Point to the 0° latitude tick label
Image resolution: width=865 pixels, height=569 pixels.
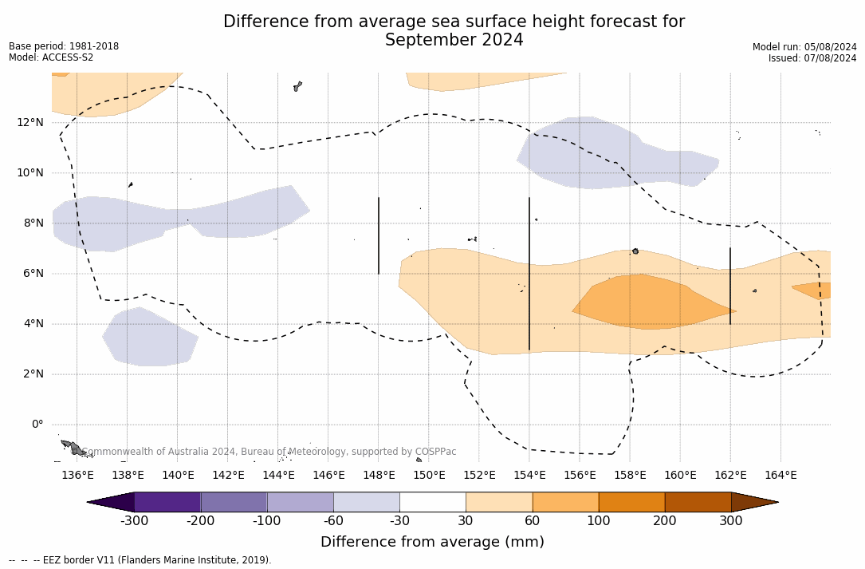click(37, 425)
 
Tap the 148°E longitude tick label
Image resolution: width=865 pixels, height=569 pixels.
click(379, 475)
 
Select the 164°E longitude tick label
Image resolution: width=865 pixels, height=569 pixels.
click(780, 475)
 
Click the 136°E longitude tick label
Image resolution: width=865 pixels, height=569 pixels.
click(77, 475)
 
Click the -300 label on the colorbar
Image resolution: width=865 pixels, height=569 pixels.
click(135, 521)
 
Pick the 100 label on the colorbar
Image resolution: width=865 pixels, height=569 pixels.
click(599, 521)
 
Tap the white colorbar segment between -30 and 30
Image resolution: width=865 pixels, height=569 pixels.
click(432, 502)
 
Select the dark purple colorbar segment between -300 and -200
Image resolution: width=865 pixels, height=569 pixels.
click(167, 502)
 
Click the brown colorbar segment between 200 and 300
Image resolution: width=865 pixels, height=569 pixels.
click(698, 502)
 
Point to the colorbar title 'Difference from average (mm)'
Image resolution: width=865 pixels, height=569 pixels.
click(432, 543)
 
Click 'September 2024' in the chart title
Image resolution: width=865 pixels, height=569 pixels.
click(454, 41)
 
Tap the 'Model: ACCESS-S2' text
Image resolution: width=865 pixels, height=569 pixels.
click(51, 57)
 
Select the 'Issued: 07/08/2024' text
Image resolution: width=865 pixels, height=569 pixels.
click(812, 58)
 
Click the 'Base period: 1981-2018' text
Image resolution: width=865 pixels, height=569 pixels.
click(64, 46)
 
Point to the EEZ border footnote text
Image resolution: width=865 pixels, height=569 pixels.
click(140, 560)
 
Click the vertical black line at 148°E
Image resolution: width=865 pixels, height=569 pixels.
click(379, 235)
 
